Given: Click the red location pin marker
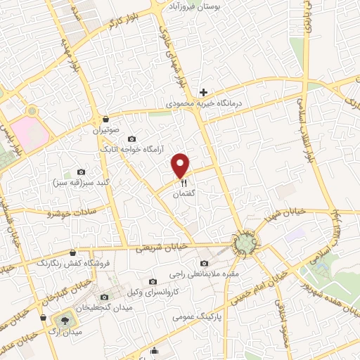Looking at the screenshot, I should (181, 165).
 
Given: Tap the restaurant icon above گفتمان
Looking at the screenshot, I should (181, 181).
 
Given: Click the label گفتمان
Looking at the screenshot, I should (183, 192).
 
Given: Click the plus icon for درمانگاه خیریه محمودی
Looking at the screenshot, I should (203, 92).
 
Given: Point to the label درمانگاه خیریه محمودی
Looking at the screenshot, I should (203, 103).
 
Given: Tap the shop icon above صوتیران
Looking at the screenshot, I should (105, 118).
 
